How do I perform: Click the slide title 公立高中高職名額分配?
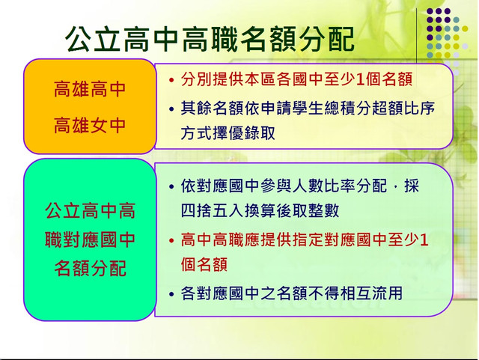click(210, 39)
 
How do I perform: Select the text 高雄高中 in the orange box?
click(90, 89)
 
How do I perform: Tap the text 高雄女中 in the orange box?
click(90, 126)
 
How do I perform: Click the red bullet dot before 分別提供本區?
click(171, 80)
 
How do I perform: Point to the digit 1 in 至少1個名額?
click(360, 79)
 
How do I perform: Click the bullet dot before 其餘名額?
click(171, 109)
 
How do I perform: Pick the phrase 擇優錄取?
click(243, 133)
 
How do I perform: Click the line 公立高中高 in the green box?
click(90, 210)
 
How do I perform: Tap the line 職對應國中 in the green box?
click(90, 240)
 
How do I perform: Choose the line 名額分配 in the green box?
click(90, 269)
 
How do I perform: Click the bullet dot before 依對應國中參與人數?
click(171, 186)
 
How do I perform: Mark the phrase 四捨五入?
click(212, 210)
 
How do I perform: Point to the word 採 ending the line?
click(412, 186)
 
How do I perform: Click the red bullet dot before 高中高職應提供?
click(171, 240)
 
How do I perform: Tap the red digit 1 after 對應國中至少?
click(424, 240)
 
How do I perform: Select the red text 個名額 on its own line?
click(204, 264)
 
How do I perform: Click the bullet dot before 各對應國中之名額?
click(171, 294)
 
